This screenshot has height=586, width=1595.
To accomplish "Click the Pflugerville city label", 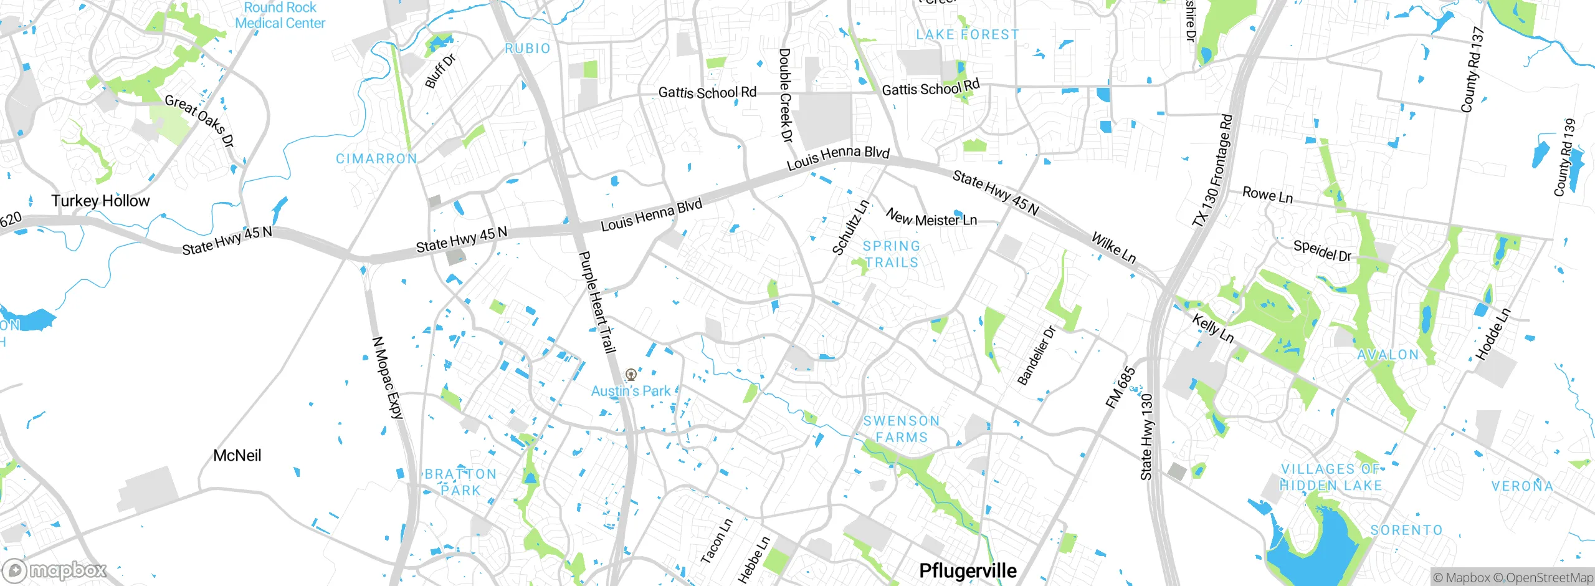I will click(968, 570).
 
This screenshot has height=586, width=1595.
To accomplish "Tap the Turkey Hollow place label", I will click(100, 201).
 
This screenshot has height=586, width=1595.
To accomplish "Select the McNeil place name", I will click(237, 455).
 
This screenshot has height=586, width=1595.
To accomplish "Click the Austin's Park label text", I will click(631, 391).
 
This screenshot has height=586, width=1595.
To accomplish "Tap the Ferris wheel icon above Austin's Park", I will click(631, 375).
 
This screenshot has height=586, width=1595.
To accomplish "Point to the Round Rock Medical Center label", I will click(280, 16).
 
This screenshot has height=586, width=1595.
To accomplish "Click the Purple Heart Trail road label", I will click(597, 302).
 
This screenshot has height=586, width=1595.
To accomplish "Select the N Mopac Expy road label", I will click(388, 378).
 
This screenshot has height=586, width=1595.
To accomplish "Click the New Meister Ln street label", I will click(931, 218).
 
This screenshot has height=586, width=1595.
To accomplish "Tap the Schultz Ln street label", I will click(850, 228).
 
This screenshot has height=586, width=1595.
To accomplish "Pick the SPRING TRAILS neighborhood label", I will click(892, 254).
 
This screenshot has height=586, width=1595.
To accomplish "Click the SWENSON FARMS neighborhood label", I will click(902, 429).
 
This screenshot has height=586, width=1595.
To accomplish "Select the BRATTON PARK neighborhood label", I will click(460, 482).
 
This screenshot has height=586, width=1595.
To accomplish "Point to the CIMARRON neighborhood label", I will click(376, 159).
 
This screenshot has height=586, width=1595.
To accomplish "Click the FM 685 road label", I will click(1120, 388).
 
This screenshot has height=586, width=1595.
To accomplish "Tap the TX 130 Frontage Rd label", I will click(1212, 170).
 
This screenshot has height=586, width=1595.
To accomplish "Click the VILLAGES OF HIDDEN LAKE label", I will click(1331, 477).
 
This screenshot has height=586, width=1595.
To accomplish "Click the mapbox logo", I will click(55, 570).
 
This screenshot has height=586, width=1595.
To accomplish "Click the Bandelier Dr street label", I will click(1036, 355).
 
